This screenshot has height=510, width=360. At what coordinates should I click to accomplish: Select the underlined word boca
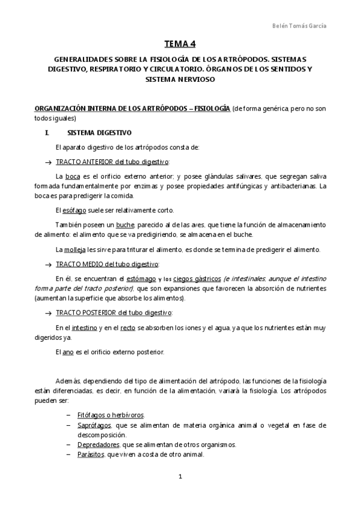point(73,176)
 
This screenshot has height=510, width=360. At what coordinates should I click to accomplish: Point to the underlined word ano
point(68,351)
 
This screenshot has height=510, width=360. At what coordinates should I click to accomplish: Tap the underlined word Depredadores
point(99,444)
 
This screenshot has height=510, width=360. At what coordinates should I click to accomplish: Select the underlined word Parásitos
point(90,454)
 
